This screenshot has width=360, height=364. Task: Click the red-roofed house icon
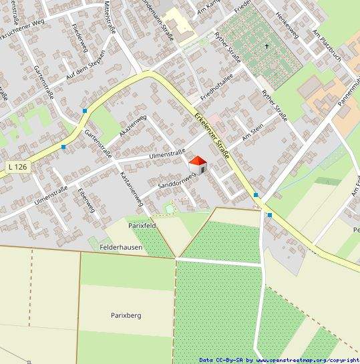tap(198, 164)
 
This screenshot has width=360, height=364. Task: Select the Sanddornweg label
tap(176, 178)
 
